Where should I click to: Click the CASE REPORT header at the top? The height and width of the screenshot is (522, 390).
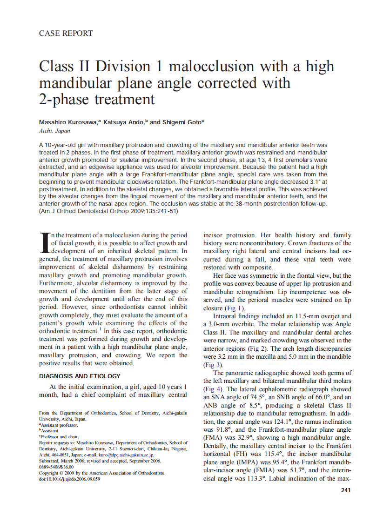coord(66,33)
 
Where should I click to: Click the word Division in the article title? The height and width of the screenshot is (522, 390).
coord(122,66)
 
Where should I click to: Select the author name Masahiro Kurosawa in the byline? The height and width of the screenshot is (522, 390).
coord(68,122)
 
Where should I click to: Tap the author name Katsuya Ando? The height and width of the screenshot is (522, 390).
coord(124,122)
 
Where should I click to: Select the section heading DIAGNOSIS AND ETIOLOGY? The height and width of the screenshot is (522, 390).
coord(80,376)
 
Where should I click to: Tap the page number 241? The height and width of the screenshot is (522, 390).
coord(345,490)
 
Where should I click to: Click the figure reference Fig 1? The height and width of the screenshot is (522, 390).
coord(234,308)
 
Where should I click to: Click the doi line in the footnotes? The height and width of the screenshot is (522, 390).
coord(69,479)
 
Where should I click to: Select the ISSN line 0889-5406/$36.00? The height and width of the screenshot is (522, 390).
coord(56,467)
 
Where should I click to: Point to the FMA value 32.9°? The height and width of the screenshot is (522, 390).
coord(242,437)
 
